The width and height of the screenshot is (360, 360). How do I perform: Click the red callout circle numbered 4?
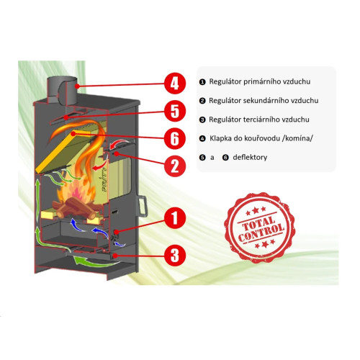tap(175, 84)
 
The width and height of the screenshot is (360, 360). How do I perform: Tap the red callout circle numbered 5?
tap(175, 111)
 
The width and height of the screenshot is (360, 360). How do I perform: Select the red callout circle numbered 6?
tap(175, 138)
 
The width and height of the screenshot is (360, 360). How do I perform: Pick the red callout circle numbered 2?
tap(175, 166)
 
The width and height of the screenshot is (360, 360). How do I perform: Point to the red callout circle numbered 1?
tap(175, 217)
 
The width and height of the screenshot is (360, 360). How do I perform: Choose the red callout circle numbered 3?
tap(175, 255)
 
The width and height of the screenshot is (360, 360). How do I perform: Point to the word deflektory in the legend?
tap(250, 158)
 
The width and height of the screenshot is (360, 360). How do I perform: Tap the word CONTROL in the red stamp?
tap(261, 233)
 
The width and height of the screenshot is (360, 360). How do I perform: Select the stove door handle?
tap(142, 207)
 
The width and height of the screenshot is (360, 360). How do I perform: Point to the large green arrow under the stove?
tap(96, 262)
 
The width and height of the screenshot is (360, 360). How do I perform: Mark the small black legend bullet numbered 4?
tap(202, 138)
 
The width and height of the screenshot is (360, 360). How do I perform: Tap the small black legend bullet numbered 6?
tap(225, 158)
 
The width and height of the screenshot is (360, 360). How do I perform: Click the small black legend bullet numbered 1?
tap(202, 82)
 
